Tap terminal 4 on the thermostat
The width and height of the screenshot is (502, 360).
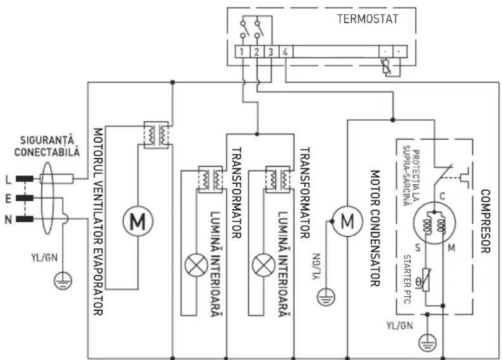(285, 52)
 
